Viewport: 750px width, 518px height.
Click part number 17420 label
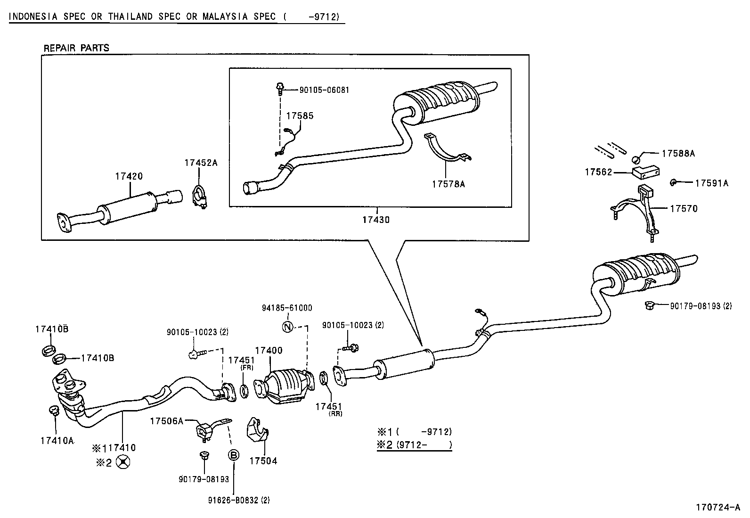click(128, 176)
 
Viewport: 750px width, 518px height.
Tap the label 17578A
click(448, 184)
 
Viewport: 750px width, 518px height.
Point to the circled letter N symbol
click(287, 326)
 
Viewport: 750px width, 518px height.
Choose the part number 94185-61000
click(287, 308)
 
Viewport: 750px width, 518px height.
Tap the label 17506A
click(166, 421)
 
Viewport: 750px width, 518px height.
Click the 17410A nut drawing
click(53, 411)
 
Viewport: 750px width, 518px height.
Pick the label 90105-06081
click(324, 90)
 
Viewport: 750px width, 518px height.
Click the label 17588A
click(678, 153)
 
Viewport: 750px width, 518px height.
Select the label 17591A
click(711, 183)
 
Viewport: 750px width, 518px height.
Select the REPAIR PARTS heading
click(76, 48)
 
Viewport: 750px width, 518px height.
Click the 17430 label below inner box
click(376, 220)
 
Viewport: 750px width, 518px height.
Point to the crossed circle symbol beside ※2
click(123, 463)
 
